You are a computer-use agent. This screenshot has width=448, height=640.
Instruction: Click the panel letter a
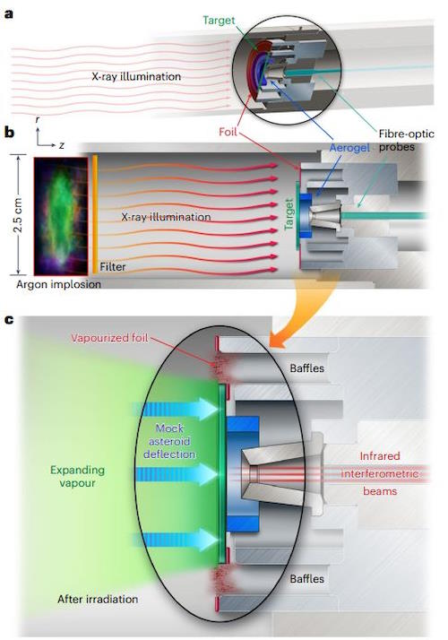point(9,13)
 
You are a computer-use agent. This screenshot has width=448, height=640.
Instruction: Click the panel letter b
point(9,133)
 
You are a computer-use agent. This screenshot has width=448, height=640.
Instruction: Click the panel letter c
point(9,319)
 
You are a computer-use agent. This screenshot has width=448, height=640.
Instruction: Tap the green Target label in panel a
point(220,21)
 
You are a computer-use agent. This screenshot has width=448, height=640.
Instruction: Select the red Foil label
point(228,132)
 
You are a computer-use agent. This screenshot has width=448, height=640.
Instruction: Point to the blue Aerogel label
point(349,148)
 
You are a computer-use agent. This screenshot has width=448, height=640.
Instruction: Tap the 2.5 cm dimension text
point(18,215)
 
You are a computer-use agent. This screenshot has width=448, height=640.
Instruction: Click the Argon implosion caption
point(58,284)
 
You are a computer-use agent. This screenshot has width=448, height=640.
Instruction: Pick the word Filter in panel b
point(113,267)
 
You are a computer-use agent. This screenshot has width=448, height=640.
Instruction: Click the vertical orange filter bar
point(95,214)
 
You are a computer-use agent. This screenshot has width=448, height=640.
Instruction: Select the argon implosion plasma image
point(60,216)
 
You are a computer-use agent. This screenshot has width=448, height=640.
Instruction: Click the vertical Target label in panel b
point(289,214)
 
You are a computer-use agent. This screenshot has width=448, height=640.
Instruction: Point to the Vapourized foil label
point(109,338)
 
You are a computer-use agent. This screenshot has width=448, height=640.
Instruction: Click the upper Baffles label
point(306,368)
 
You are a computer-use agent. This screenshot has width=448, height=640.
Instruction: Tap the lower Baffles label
point(306,579)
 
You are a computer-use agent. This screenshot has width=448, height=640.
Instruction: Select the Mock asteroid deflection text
point(169,441)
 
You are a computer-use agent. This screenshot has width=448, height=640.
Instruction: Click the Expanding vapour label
point(77,476)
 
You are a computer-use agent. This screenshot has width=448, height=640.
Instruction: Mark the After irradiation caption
point(98,599)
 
